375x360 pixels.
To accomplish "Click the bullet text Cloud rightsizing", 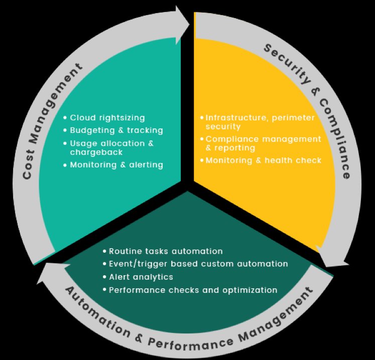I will point(107,118).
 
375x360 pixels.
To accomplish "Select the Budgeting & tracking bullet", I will point(116,130).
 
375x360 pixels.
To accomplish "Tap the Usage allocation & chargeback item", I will point(111,147).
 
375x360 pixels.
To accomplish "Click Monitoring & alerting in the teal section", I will point(116,164).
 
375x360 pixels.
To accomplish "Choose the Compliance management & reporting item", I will point(263,143).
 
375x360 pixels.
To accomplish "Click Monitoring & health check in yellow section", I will point(263,160).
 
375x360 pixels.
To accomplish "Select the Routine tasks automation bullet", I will point(165,251).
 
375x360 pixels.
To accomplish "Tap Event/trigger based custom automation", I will point(198,264).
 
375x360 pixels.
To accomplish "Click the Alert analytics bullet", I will point(141,277).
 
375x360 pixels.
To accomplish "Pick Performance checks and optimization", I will point(192,290).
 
